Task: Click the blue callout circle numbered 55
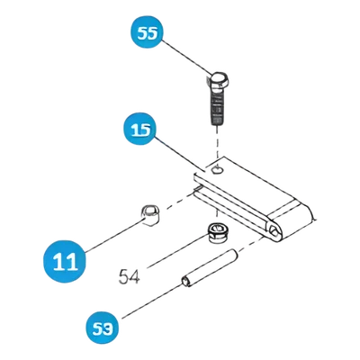(x=147, y=33)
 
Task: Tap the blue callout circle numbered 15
(x=140, y=129)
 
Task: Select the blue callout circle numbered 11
(x=65, y=261)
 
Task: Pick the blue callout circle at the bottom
(x=103, y=328)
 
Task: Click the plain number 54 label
(x=130, y=276)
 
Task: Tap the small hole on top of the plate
(x=217, y=170)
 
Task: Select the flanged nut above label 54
(x=217, y=232)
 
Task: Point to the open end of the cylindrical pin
(x=184, y=282)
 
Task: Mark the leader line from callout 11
(x=115, y=236)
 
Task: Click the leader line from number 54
(x=177, y=251)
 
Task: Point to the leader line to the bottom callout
(x=152, y=301)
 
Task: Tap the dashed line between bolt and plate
(x=217, y=142)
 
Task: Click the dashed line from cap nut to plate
(x=177, y=202)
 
